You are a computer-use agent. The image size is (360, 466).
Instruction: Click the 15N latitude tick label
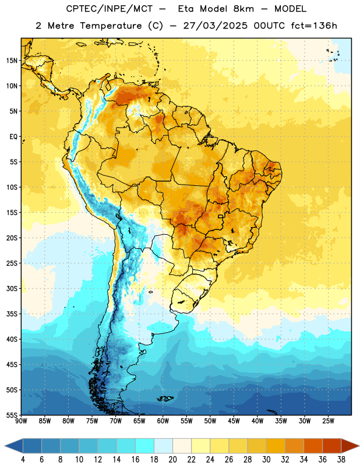12,61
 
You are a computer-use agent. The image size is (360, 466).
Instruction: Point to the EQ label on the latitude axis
13,137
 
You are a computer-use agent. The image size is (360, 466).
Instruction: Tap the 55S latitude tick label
12,415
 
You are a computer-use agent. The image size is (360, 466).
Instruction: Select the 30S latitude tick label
12,288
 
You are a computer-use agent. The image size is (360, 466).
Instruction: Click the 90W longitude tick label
21,421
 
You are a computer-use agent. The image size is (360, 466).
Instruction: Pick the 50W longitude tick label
210,421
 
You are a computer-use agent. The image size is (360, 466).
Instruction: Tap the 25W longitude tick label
328,421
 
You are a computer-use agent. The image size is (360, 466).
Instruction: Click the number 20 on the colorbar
172,460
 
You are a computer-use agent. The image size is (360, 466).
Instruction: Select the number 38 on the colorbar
341,460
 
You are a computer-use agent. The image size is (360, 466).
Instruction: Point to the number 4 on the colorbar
23,460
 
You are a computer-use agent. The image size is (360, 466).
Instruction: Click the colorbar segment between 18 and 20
163,446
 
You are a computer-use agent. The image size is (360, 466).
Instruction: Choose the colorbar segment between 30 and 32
276,446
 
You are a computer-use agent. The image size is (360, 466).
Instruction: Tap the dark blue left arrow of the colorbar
14,446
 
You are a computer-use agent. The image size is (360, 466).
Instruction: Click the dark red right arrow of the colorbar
350,446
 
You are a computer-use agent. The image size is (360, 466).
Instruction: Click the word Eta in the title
186,9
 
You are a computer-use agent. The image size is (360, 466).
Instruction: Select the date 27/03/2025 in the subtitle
215,26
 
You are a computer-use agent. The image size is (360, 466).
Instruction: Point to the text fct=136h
314,26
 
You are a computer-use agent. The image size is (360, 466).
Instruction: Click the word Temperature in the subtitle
111,26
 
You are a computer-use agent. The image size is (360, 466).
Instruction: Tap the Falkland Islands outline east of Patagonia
165,398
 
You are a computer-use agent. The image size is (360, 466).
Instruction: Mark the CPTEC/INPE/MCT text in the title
110,9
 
